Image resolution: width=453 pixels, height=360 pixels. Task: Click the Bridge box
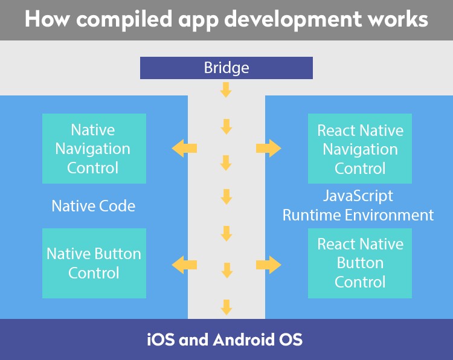pyautogui.click(x=226, y=68)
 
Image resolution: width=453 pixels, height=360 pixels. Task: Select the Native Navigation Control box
pyautogui.click(x=94, y=149)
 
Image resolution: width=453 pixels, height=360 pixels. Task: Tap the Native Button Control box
pyautogui.click(x=94, y=263)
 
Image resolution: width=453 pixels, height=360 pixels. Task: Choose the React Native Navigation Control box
pyautogui.click(x=360, y=149)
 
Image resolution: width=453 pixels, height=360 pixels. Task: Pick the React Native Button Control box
pyautogui.click(x=360, y=263)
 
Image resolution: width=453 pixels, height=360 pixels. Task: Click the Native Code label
pyautogui.click(x=93, y=206)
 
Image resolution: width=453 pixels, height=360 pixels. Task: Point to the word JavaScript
pyautogui.click(x=358, y=196)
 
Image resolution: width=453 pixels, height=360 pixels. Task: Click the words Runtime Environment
pyautogui.click(x=358, y=215)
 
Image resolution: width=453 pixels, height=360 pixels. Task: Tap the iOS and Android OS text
pyautogui.click(x=225, y=339)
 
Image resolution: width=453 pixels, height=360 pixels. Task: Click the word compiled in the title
pyautogui.click(x=124, y=20)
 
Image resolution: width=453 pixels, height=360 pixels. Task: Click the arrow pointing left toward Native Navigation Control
pyautogui.click(x=184, y=148)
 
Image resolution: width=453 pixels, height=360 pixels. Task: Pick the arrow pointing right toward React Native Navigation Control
pyautogui.click(x=268, y=148)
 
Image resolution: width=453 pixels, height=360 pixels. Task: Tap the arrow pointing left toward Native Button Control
pyautogui.click(x=184, y=265)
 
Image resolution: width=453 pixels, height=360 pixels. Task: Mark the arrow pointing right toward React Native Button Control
pyautogui.click(x=268, y=265)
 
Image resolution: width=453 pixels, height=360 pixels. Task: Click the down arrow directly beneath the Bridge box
pyautogui.click(x=226, y=90)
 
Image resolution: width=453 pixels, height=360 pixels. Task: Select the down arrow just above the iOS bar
pyautogui.click(x=226, y=307)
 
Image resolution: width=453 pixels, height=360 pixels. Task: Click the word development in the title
pyautogui.click(x=293, y=20)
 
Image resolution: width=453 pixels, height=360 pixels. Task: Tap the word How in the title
pyautogui.click(x=47, y=19)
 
